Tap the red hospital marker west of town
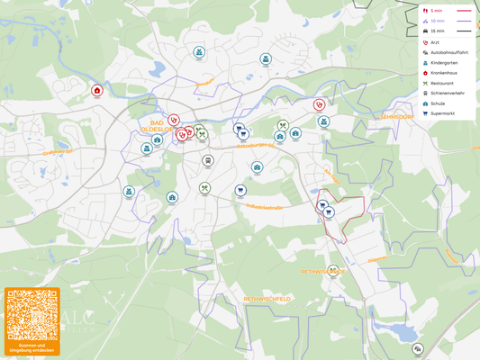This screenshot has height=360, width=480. (x=97, y=90)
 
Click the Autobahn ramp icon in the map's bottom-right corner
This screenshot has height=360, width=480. (x=417, y=348)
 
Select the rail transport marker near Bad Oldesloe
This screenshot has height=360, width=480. (x=208, y=161)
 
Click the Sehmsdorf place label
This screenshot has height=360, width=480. (x=396, y=117)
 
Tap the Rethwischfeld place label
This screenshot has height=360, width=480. (x=267, y=298)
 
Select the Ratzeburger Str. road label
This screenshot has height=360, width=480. (x=255, y=145)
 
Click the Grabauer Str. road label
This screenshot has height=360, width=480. (x=58, y=151)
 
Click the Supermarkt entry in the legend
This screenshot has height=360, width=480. (x=442, y=113)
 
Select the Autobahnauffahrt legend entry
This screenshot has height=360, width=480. (x=448, y=52)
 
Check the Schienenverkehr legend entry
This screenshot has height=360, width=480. (x=447, y=94)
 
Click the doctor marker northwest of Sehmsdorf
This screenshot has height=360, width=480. (x=319, y=104)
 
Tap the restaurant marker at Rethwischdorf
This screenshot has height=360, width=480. (x=333, y=270)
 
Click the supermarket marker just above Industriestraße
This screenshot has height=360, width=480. (x=240, y=191)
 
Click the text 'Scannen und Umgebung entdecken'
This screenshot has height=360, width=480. (x=32, y=347)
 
